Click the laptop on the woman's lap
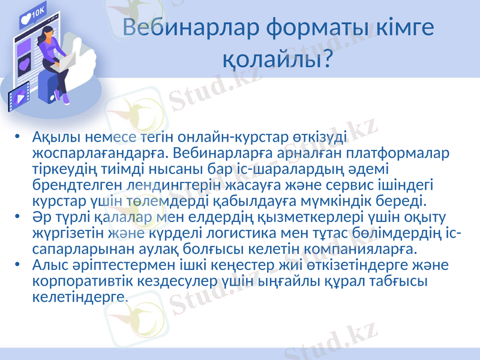[65, 62]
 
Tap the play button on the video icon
[21, 96]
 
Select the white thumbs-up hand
[90, 60]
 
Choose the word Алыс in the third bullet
[49, 265]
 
